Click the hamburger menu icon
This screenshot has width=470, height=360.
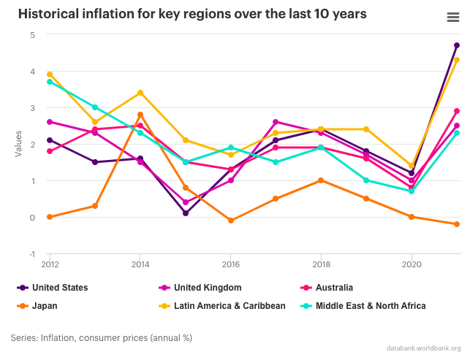[452, 18]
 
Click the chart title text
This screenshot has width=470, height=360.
[192, 14]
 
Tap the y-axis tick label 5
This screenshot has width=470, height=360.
[32, 34]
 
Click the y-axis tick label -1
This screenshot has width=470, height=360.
[31, 253]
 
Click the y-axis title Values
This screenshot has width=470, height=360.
[18, 144]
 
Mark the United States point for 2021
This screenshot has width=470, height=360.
[457, 45]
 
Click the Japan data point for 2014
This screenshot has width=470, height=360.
[140, 115]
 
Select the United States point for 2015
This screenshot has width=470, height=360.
[186, 213]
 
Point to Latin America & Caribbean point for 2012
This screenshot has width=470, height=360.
[50, 74]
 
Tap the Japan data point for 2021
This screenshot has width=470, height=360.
[457, 224]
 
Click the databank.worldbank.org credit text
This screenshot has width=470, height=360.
[423, 348]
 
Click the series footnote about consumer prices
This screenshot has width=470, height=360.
[102, 337]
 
